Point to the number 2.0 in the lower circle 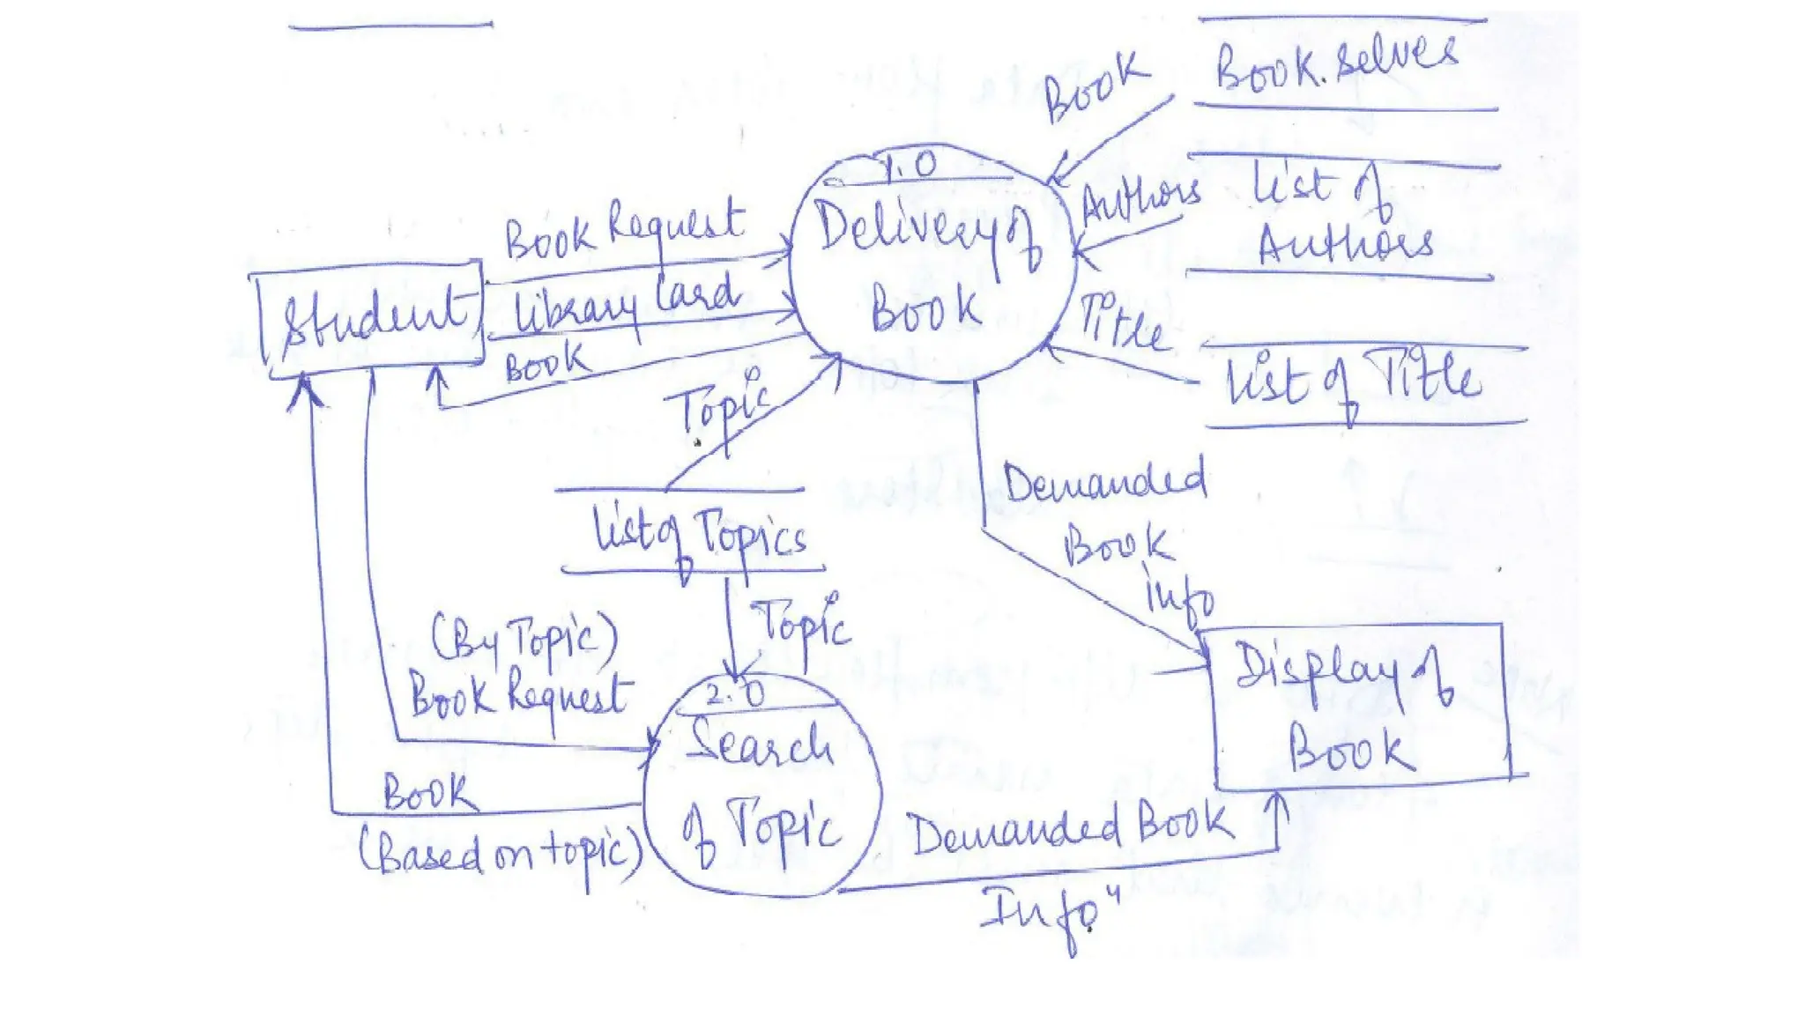[736, 694]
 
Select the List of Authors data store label [1341, 216]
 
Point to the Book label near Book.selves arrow [1096, 85]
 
